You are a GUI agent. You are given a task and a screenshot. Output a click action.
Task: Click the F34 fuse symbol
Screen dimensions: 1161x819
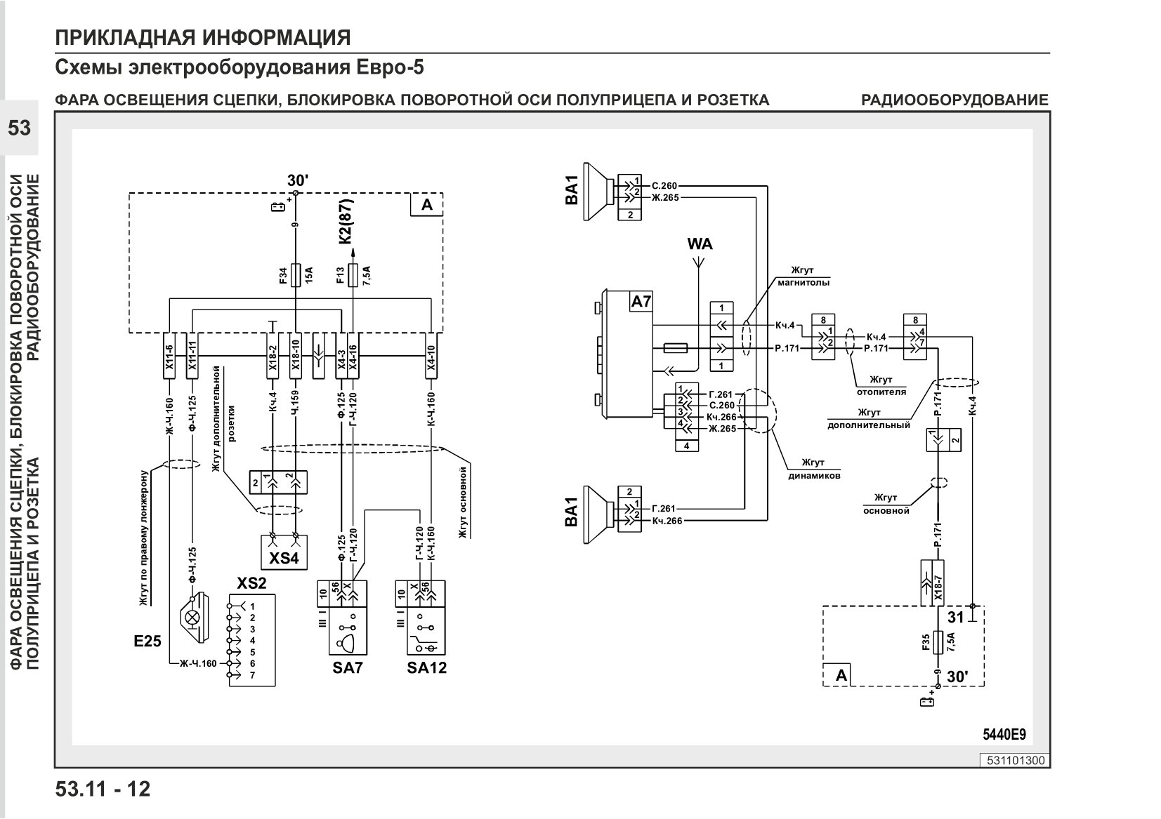click(x=296, y=274)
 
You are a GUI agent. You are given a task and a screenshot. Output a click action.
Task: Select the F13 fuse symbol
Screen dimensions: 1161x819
click(x=353, y=274)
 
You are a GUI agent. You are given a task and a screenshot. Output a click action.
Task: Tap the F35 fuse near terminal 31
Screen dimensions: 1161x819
click(x=938, y=643)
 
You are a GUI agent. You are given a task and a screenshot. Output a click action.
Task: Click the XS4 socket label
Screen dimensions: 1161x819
click(x=284, y=558)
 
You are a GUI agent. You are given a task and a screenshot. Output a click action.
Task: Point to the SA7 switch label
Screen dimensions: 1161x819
click(x=347, y=667)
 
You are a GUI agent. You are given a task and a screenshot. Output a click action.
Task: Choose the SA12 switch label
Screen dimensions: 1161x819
click(x=426, y=667)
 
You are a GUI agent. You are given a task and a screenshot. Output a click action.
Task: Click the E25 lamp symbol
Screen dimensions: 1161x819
click(x=195, y=618)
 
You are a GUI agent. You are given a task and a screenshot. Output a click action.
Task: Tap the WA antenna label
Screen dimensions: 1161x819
click(x=699, y=244)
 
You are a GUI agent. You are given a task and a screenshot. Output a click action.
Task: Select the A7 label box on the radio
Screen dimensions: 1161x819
click(x=641, y=302)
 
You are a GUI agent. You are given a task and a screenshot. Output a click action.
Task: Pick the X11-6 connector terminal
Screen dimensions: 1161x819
click(x=169, y=355)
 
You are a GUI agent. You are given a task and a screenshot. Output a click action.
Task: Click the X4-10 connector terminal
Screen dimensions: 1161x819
click(x=431, y=355)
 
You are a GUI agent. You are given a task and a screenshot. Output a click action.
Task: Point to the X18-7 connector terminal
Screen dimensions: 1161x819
click(x=938, y=582)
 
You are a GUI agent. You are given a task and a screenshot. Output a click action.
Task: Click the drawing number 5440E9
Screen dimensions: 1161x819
click(x=1004, y=734)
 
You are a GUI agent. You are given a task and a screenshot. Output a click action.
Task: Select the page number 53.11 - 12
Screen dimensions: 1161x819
click(x=103, y=789)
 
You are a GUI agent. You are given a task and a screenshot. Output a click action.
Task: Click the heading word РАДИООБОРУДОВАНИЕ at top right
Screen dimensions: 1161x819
click(x=955, y=100)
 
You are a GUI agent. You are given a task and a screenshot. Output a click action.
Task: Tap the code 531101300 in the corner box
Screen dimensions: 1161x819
click(x=1016, y=761)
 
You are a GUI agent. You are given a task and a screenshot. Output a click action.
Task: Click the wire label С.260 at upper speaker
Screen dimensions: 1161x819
click(x=664, y=185)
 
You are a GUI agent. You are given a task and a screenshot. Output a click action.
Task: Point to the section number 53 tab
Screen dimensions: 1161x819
click(x=19, y=128)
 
